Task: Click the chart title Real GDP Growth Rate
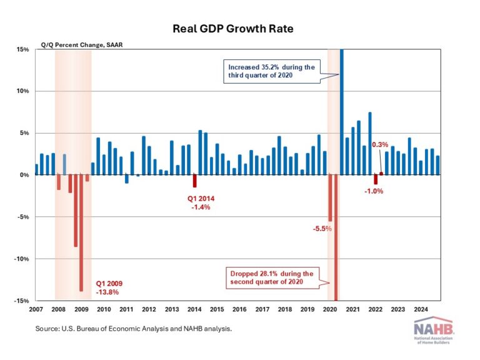(x=240, y=29)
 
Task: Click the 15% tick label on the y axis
(x=22, y=49)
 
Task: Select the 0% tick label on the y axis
(x=24, y=175)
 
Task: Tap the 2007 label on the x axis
(x=36, y=309)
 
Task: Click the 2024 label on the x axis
(x=421, y=309)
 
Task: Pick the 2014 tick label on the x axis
(x=194, y=309)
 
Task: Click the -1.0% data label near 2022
(x=374, y=191)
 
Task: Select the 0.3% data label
(x=380, y=145)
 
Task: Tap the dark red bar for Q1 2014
(x=195, y=181)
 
